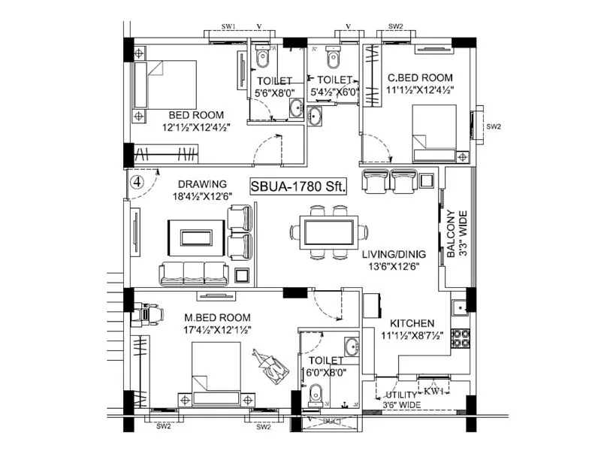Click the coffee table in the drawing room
(195, 236)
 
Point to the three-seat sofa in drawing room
(193, 273)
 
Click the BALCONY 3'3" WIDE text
(455, 235)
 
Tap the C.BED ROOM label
(420, 77)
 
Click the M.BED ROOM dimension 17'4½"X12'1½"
(216, 329)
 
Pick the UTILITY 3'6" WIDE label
(404, 400)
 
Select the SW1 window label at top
(230, 27)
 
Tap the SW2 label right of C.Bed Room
(494, 126)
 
